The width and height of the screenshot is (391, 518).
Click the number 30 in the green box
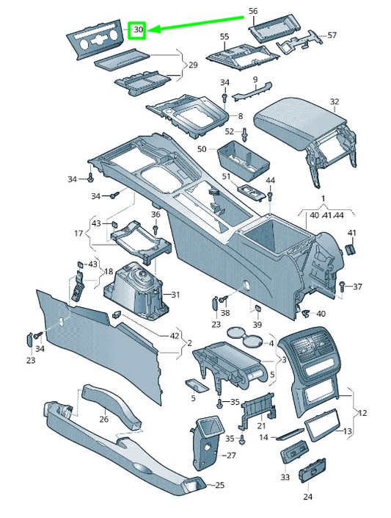(138, 29)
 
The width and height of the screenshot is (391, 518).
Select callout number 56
(253, 11)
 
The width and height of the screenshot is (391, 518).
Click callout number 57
(332, 35)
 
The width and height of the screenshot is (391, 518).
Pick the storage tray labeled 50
(244, 159)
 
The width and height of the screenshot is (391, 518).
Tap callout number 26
(103, 419)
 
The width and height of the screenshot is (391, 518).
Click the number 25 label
(219, 485)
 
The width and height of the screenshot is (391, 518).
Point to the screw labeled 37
(342, 285)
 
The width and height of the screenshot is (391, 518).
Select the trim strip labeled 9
(252, 91)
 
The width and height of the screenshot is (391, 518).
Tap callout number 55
(224, 37)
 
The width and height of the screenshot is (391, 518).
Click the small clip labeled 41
(350, 248)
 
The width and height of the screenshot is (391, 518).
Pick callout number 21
(261, 426)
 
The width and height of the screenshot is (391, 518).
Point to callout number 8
(240, 116)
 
